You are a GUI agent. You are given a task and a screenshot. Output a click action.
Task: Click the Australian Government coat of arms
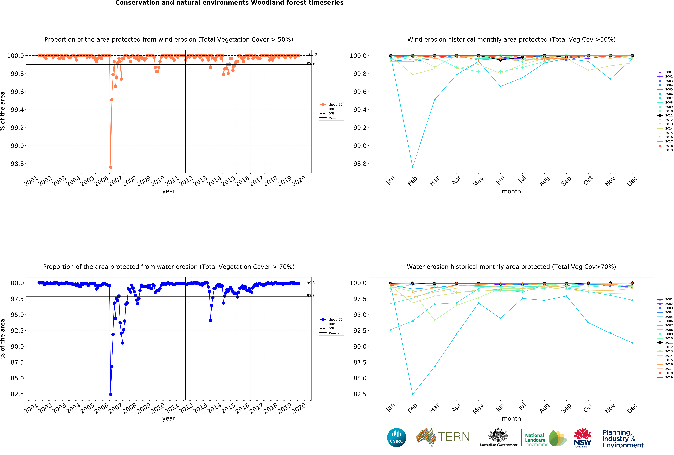click(498, 435)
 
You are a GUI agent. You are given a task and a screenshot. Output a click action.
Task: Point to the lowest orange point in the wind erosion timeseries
click(111, 167)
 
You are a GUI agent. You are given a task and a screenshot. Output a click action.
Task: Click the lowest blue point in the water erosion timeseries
click(111, 394)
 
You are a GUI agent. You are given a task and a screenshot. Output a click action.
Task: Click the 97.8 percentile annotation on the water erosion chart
click(311, 296)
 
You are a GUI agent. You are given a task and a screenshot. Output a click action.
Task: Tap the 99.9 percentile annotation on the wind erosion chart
click(311, 63)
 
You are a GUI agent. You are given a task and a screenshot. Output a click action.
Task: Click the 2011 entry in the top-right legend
click(666, 115)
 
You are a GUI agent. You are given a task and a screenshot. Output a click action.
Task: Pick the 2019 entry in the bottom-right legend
click(666, 377)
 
